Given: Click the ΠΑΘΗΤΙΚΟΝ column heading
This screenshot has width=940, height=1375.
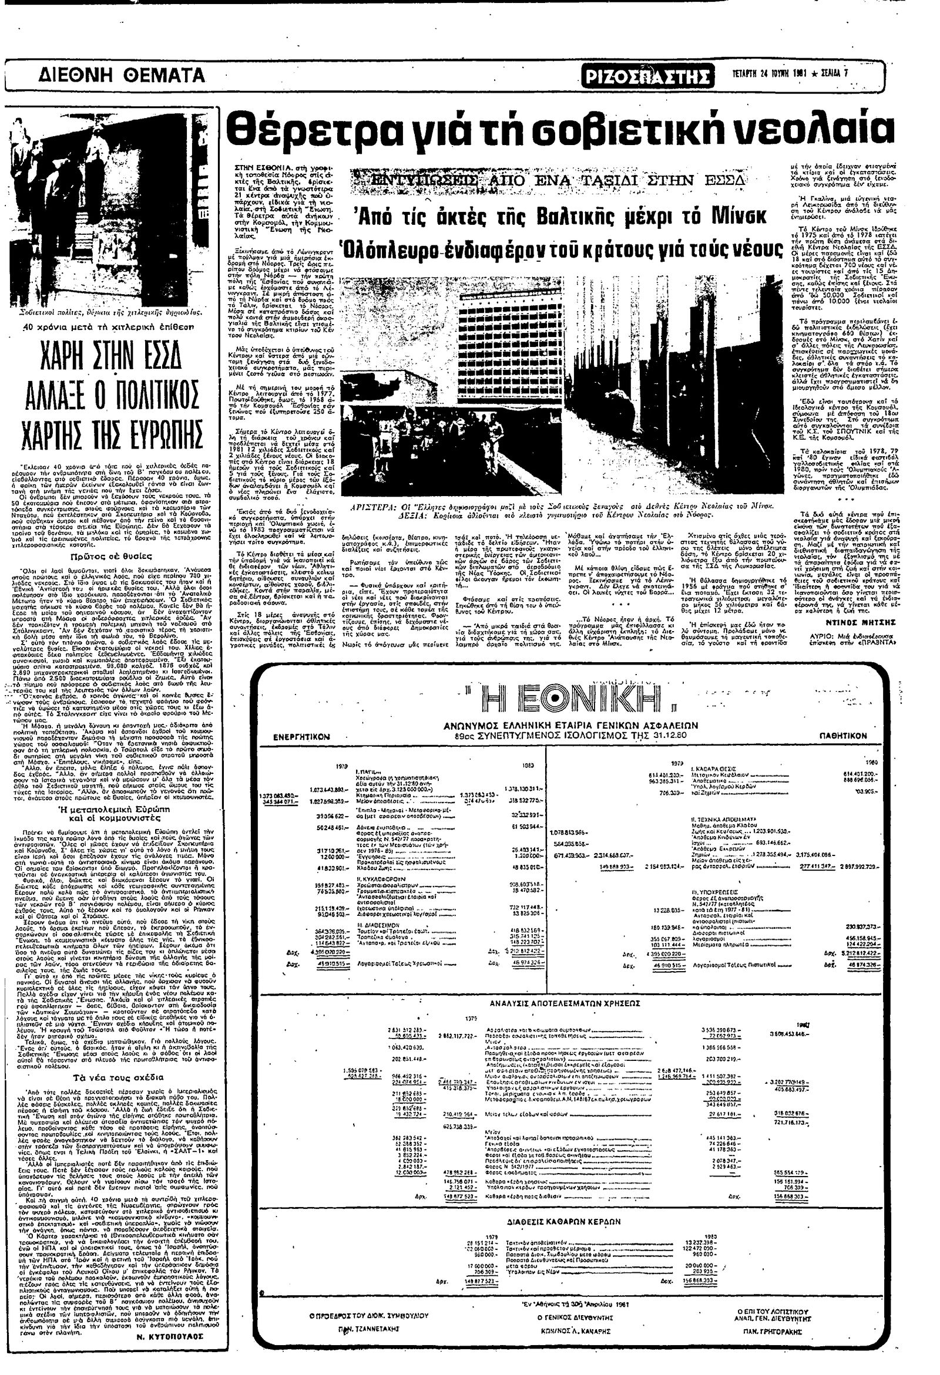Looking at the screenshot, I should click(843, 735).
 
